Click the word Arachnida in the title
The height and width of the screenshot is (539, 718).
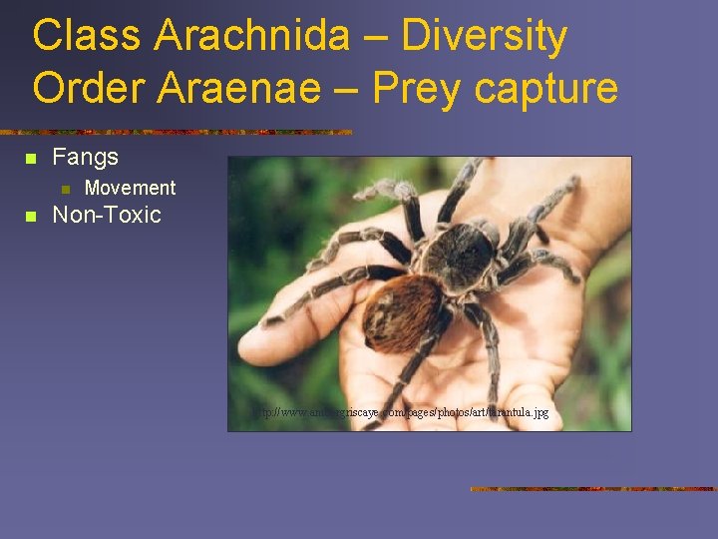(x=252, y=36)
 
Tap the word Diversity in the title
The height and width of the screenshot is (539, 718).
(x=485, y=36)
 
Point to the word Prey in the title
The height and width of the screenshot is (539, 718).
(x=417, y=88)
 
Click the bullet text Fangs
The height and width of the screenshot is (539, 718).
(x=85, y=157)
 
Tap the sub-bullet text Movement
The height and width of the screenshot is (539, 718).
(x=130, y=188)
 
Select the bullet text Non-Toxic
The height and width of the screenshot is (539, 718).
(x=106, y=215)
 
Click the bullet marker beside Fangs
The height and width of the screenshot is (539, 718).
(x=31, y=158)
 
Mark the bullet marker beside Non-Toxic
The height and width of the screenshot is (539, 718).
(x=31, y=216)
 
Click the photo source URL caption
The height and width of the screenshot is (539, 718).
(x=399, y=411)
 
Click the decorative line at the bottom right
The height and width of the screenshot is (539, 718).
(x=593, y=489)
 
